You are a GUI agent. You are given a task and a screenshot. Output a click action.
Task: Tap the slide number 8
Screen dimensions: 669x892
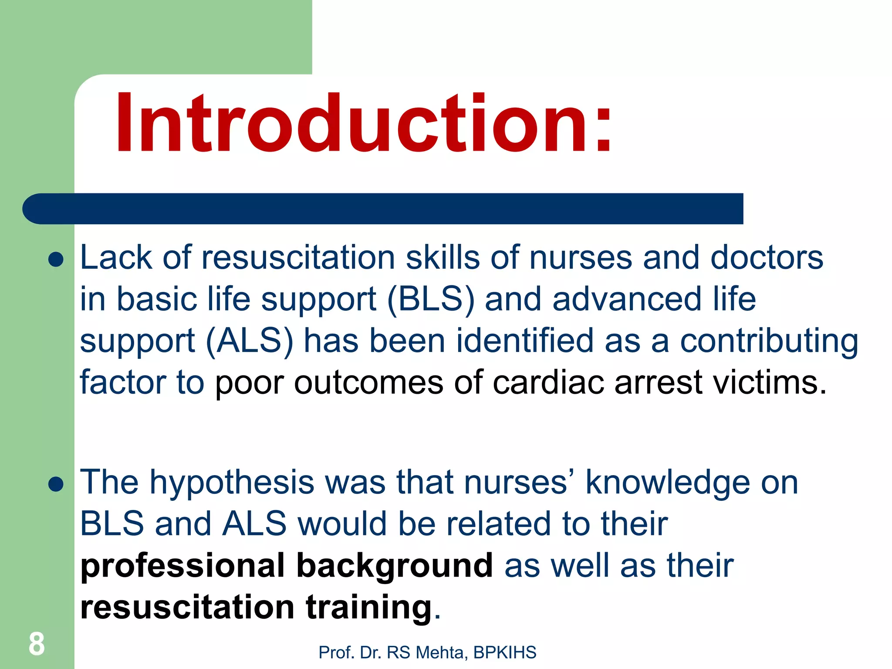[37, 644]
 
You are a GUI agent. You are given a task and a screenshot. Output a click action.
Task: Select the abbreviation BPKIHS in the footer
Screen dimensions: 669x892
[505, 652]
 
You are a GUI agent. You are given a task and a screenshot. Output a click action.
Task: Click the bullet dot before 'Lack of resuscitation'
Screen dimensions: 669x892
[56, 260]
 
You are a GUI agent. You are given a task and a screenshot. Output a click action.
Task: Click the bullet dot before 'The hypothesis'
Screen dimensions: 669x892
[56, 484]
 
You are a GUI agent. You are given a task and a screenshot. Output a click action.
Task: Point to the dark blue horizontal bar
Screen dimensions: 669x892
[383, 209]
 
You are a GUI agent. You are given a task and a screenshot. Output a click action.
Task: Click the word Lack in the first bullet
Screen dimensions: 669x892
[116, 257]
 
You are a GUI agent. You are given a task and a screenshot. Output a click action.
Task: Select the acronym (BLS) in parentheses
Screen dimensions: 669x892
[430, 300]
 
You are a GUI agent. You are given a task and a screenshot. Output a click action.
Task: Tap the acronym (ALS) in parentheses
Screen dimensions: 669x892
[250, 341]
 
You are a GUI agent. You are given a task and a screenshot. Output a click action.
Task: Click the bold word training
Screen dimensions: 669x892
[368, 607]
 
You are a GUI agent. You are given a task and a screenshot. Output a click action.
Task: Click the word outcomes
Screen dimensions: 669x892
[368, 383]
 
